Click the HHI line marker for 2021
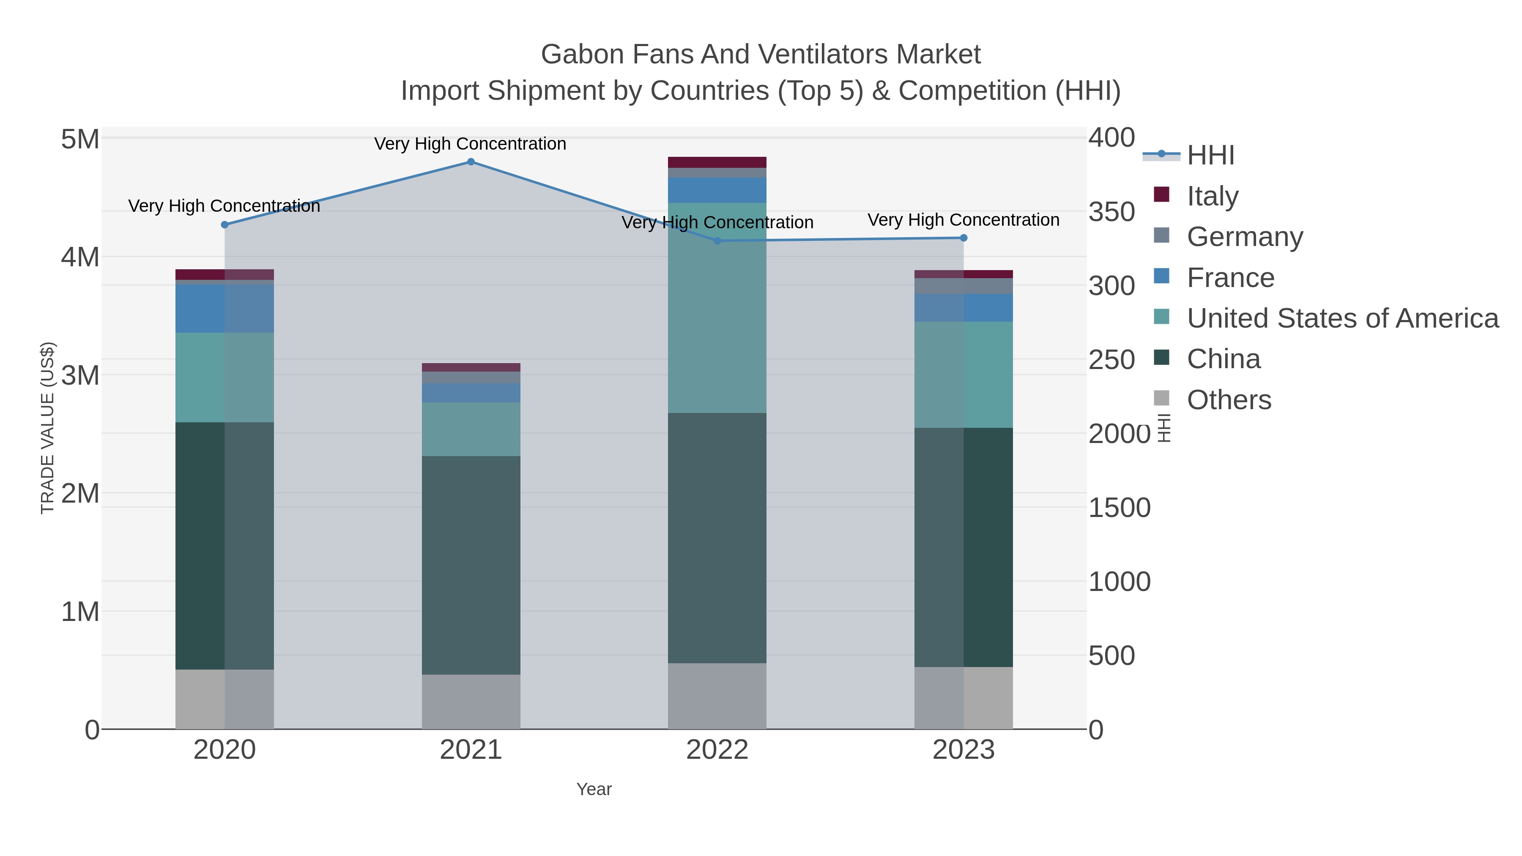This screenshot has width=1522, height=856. (471, 162)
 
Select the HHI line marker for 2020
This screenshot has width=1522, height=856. (224, 224)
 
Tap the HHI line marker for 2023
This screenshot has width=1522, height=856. (964, 238)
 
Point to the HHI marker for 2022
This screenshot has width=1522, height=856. (717, 241)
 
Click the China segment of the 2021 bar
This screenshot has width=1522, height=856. (471, 565)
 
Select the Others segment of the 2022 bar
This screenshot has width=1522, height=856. (717, 696)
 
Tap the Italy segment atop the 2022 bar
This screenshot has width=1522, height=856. (717, 162)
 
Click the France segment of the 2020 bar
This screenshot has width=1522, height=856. (224, 309)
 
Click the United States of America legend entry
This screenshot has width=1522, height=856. (1342, 318)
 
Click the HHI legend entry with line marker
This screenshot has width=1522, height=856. (1210, 155)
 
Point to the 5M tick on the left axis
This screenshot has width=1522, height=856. (80, 139)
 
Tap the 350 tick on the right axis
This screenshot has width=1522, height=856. (1111, 212)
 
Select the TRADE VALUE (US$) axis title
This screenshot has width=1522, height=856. (47, 428)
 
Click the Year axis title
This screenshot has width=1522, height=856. (594, 789)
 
